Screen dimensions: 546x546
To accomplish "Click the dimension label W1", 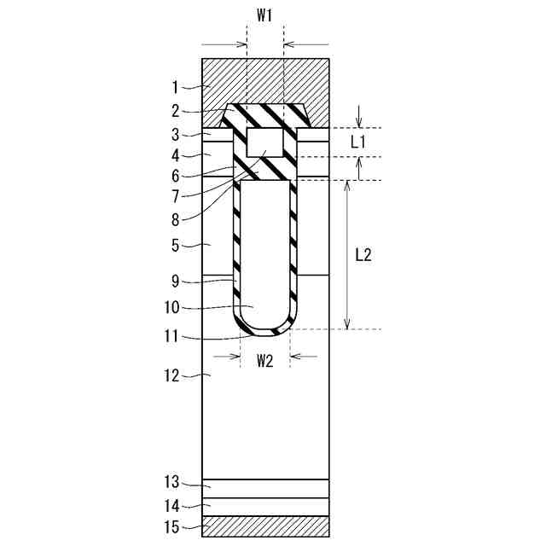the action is point(264,15).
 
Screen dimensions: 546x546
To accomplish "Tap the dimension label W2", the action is point(265,362).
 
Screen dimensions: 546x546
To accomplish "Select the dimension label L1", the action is point(358,142).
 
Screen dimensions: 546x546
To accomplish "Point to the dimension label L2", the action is point(363,255).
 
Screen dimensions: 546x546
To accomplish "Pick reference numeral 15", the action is point(171,527).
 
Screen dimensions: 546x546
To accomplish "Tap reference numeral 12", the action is point(171,376).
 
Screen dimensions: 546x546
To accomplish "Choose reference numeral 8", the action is point(175,220).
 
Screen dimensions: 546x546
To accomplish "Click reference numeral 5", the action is point(175,246).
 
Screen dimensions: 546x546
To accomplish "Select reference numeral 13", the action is point(171,482).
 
